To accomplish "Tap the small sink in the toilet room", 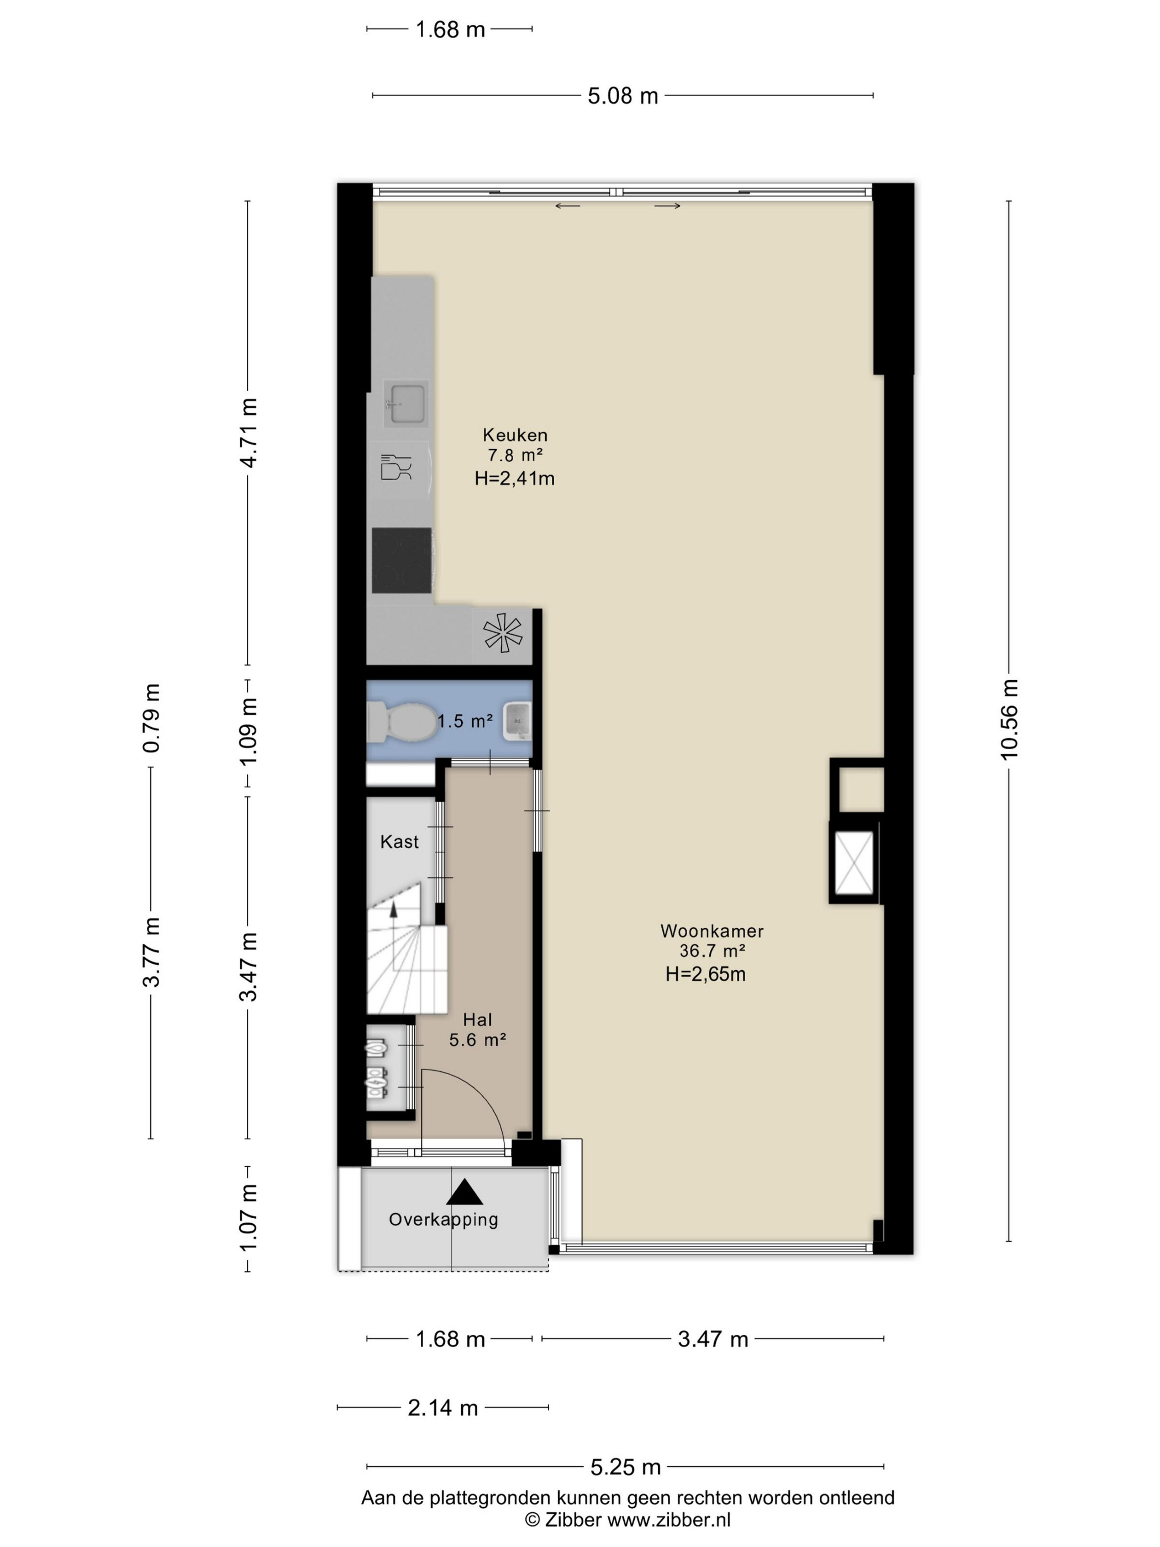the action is [x=518, y=720].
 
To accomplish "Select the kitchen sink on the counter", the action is [x=406, y=403].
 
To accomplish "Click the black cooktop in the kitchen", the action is [x=402, y=560].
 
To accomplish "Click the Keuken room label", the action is [x=515, y=435].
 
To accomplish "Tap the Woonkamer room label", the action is [x=712, y=931].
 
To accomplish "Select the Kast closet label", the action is [x=399, y=841].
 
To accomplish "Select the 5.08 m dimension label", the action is [x=623, y=96].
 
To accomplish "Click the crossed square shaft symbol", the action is [x=854, y=863].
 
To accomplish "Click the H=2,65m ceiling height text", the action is [x=705, y=974].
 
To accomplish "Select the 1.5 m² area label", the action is [x=465, y=720].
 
